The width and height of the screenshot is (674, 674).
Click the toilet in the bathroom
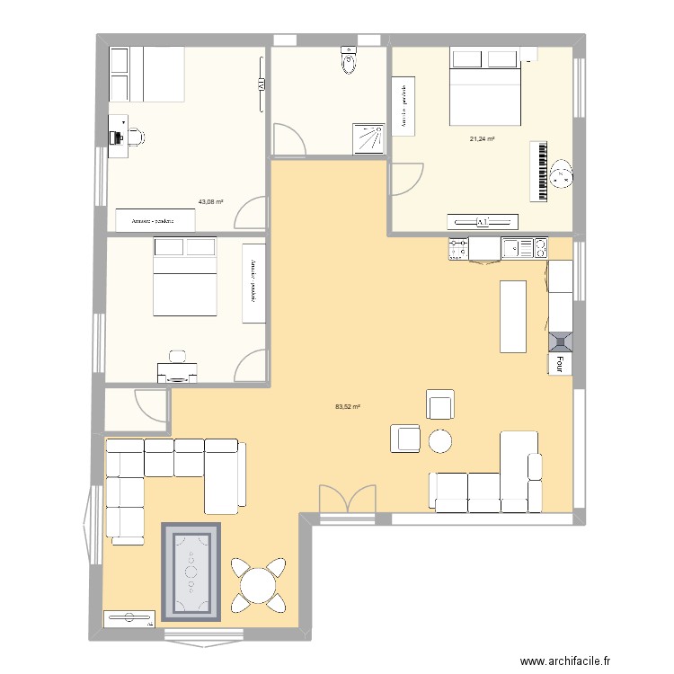coord(348,61)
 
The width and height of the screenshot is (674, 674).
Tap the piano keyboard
coord(539,171)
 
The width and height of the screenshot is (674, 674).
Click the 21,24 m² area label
coord(483,139)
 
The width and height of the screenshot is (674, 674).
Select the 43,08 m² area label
coord(211,201)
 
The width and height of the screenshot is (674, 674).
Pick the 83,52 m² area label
coord(347,407)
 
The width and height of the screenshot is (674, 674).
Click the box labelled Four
coord(559,363)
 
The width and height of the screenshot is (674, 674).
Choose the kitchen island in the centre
coord(513,317)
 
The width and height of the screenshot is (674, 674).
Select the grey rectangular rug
coord(191,572)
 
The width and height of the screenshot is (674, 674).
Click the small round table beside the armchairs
coord(440,440)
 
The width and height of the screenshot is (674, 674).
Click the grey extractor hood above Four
coord(559,341)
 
